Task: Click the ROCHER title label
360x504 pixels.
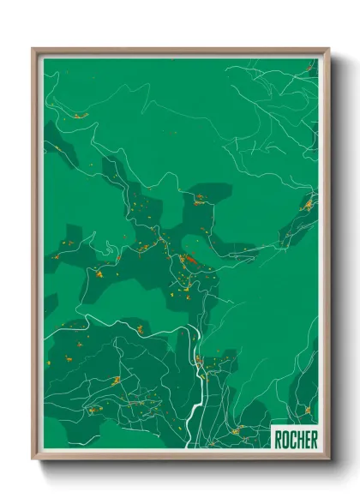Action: click(x=295, y=439)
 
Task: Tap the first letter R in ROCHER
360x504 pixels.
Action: click(x=278, y=439)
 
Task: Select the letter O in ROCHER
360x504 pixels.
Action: click(x=285, y=439)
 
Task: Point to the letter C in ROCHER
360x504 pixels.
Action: click(x=291, y=439)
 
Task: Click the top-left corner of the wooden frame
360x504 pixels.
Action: click(x=33, y=50)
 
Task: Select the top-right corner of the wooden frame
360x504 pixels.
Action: click(x=327, y=50)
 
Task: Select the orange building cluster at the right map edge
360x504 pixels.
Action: click(x=308, y=204)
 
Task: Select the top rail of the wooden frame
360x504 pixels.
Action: click(x=180, y=51)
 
